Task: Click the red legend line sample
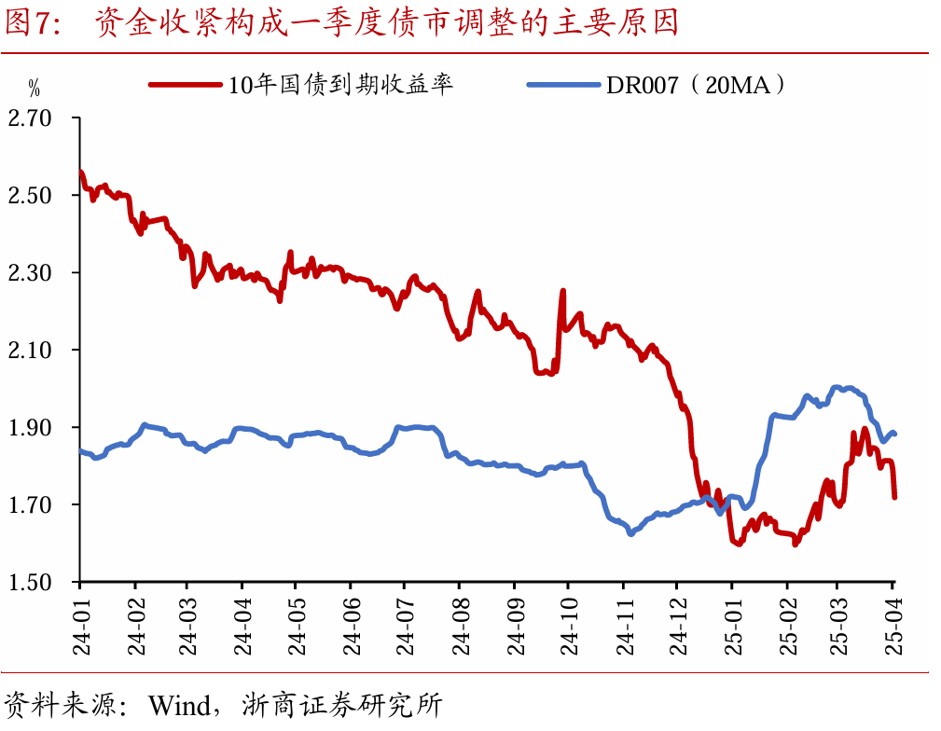point(186,85)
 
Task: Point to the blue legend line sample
point(563,85)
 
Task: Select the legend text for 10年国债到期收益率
point(341,85)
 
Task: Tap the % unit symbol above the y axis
point(34,90)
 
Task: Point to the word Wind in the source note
point(181,704)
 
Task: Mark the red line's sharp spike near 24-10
point(563,292)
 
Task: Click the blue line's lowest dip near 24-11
point(631,532)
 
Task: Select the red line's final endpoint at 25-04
point(894,496)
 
